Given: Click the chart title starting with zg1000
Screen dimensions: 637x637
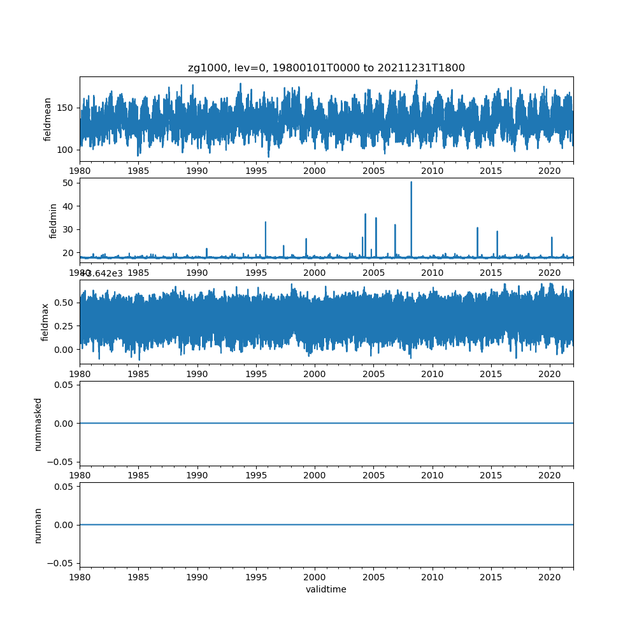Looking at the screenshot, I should tap(326, 68).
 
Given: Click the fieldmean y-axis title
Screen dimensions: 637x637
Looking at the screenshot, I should tap(47, 119).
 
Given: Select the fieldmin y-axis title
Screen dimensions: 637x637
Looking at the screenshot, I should tap(54, 220).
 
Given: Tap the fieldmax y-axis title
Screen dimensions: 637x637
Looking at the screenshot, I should tap(45, 322).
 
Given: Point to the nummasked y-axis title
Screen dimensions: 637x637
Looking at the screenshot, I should tap(38, 424).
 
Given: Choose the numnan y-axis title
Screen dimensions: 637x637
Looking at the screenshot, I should tap(38, 525).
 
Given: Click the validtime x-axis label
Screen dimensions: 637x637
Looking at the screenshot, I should tap(326, 590).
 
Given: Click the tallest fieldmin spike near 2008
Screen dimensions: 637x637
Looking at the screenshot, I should tap(411, 183).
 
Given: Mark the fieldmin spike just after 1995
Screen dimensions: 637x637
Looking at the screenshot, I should tap(265, 222).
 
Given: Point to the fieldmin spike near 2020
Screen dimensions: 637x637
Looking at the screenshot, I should tap(552, 238).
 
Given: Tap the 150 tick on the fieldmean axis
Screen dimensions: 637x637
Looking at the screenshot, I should tap(66, 108).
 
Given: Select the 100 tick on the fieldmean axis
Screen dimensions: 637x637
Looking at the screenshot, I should tap(66, 150).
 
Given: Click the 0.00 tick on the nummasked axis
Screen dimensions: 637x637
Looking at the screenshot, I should tap(64, 424).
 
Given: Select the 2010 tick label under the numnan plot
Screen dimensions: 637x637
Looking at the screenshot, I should tap(433, 576).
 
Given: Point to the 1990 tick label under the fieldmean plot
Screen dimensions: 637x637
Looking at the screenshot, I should tap(197, 171).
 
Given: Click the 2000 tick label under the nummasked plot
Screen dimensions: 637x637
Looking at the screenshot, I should tap(315, 475).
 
